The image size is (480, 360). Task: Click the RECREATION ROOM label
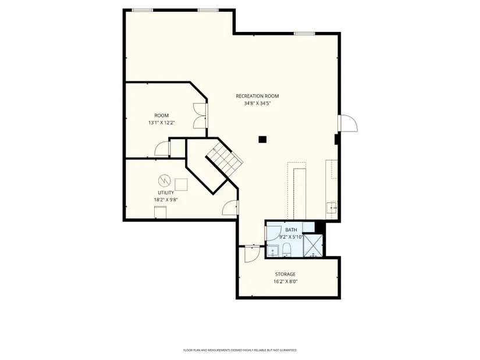(x=257, y=96)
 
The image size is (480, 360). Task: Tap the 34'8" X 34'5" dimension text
(x=257, y=104)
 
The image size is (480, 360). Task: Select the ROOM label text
(x=161, y=115)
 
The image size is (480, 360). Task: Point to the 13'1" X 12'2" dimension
(x=161, y=123)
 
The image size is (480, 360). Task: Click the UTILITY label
(x=166, y=193)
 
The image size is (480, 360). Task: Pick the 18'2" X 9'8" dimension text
(x=166, y=200)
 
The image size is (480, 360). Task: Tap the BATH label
(x=291, y=230)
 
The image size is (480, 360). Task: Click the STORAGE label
(x=285, y=275)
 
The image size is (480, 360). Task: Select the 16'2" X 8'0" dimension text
(x=285, y=281)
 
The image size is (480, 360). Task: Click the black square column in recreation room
(x=262, y=140)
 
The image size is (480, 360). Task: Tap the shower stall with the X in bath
(x=313, y=246)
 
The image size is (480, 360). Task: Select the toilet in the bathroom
(x=286, y=249)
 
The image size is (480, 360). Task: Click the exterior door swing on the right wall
(x=348, y=123)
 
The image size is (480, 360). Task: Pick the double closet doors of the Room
(x=200, y=116)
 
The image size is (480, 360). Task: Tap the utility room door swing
(x=230, y=208)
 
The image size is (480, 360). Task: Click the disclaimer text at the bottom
(x=240, y=350)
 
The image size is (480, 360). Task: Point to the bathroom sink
(x=272, y=252)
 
